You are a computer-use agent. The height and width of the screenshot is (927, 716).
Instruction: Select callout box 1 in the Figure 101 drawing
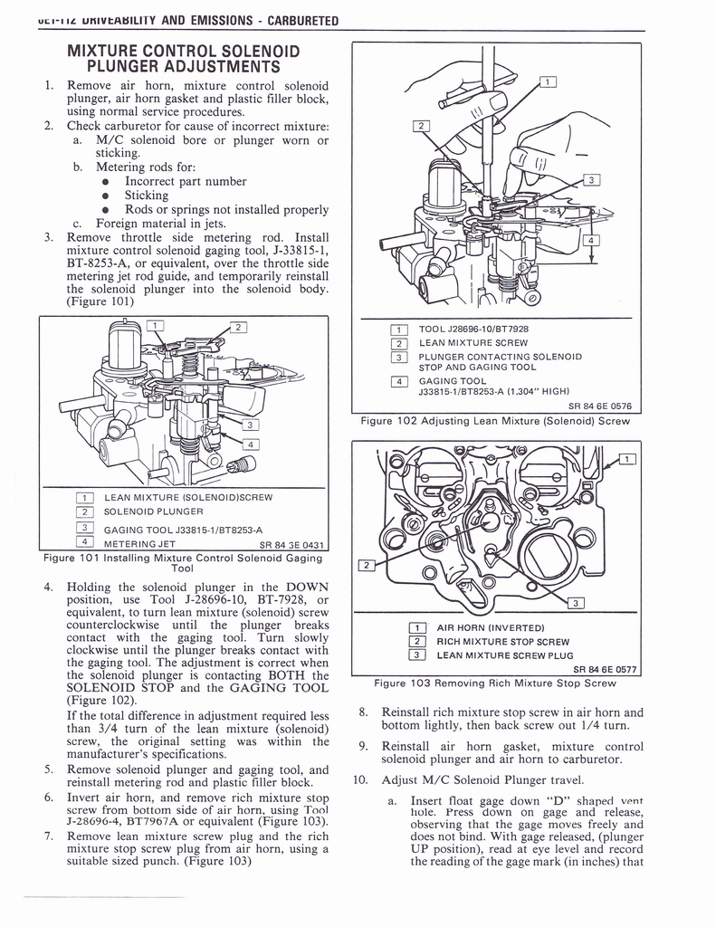pyautogui.click(x=155, y=326)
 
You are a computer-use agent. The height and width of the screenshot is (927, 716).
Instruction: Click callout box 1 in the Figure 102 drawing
pyautogui.click(x=549, y=82)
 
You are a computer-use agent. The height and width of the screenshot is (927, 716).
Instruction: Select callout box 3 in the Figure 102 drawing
pyautogui.click(x=590, y=179)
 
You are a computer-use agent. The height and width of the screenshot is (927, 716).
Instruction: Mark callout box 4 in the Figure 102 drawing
pyautogui.click(x=590, y=241)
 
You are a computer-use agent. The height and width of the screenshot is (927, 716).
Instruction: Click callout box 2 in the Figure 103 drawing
pyautogui.click(x=368, y=566)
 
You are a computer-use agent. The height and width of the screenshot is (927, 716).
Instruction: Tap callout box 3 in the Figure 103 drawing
pyautogui.click(x=575, y=604)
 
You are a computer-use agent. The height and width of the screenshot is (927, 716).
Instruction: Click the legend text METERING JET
pyautogui.click(x=140, y=543)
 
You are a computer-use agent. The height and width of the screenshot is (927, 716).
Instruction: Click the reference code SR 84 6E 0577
pyautogui.click(x=599, y=669)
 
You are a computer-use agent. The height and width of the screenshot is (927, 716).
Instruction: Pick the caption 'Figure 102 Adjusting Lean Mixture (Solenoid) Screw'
pyautogui.click(x=495, y=420)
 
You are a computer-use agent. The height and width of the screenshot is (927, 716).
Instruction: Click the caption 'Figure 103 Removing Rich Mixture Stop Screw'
pyautogui.click(x=495, y=683)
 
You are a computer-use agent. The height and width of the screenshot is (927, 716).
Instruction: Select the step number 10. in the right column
pyautogui.click(x=359, y=779)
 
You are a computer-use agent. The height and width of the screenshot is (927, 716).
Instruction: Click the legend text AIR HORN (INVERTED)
pyautogui.click(x=490, y=627)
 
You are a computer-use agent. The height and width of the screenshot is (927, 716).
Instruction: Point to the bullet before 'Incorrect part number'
pyautogui.click(x=106, y=181)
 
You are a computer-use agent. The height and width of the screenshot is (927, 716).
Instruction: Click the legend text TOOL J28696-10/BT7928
pyautogui.click(x=473, y=329)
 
